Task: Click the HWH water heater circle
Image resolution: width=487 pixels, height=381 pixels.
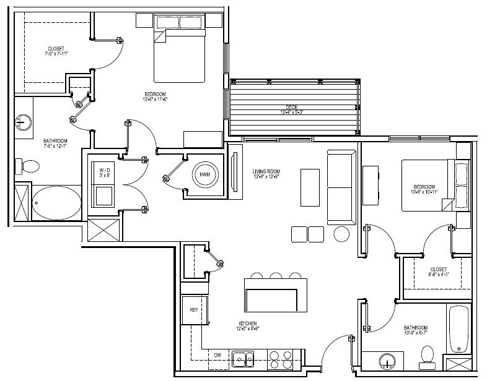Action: pyautogui.click(x=205, y=176)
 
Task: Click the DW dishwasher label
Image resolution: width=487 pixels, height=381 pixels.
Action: pyautogui.click(x=218, y=355)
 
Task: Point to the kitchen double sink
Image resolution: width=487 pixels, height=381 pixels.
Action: pyautogui.click(x=242, y=357)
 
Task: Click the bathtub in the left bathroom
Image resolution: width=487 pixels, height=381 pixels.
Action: pyautogui.click(x=56, y=203)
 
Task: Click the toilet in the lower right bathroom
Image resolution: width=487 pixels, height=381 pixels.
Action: pyautogui.click(x=426, y=354)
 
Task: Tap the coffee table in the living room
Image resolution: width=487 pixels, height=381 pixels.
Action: pyautogui.click(x=311, y=185)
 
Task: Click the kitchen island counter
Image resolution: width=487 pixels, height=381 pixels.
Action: pyautogui.click(x=276, y=296)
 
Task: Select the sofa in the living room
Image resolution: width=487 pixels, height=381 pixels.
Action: pyautogui.click(x=340, y=189)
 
